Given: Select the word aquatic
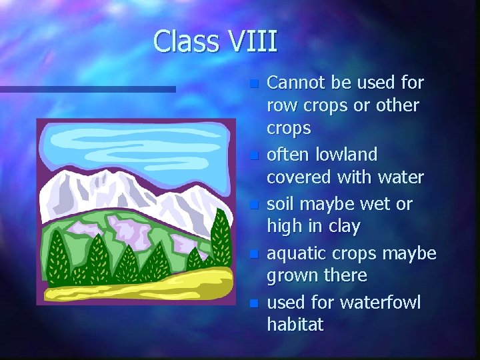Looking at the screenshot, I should (x=296, y=253).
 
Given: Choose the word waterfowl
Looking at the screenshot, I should (x=380, y=303).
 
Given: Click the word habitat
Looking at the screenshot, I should (x=295, y=325).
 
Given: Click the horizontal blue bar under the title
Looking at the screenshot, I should (x=87, y=89).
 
